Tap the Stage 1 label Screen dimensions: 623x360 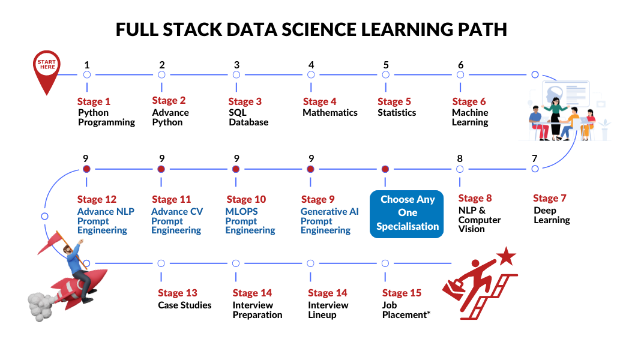tap(94, 102)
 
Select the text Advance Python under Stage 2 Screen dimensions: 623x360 tap(170, 117)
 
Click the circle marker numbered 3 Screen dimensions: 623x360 tap(236, 75)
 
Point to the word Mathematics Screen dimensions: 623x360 tap(330, 113)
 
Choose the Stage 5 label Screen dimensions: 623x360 tap(394, 102)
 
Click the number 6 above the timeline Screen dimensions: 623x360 tap(460, 65)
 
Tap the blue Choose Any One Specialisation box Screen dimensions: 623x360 tap(406, 213)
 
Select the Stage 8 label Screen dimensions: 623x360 tap(475, 199)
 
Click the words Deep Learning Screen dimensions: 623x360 tap(552, 215)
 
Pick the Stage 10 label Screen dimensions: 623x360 tap(245, 199)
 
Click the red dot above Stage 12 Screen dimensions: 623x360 tap(87, 169)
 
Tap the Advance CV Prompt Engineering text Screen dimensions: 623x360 tap(176, 221)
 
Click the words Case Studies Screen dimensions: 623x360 tap(185, 305)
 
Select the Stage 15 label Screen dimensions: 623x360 tap(402, 293)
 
